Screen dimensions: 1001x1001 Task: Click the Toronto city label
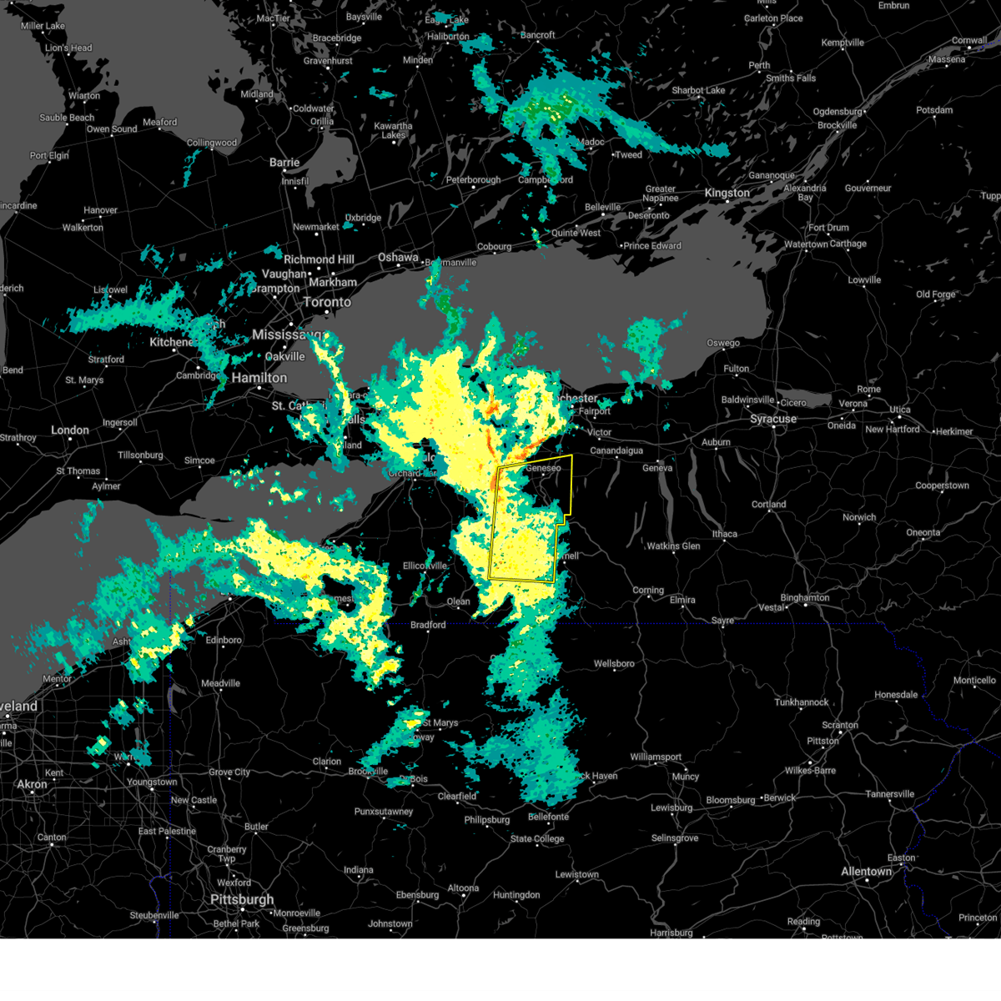click(x=327, y=302)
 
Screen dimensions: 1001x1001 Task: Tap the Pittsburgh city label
click(x=242, y=899)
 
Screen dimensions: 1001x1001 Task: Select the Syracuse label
click(x=772, y=419)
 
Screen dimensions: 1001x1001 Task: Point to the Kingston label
click(x=727, y=193)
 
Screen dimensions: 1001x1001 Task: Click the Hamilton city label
click(x=259, y=378)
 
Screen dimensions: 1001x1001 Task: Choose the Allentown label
click(x=867, y=872)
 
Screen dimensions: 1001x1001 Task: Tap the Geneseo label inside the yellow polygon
click(x=543, y=468)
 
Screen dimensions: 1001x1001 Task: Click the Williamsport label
click(x=656, y=757)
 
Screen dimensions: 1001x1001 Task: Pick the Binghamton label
click(x=805, y=597)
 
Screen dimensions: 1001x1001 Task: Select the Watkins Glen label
click(x=673, y=546)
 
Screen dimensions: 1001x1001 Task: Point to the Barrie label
click(x=284, y=163)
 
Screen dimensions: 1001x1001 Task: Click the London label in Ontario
click(x=70, y=430)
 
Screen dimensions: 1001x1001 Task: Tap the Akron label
click(x=33, y=784)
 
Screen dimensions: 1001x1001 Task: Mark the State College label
click(x=537, y=838)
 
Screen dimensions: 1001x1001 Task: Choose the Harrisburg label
click(x=672, y=933)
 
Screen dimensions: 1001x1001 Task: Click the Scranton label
click(x=840, y=725)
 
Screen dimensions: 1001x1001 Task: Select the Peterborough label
click(x=474, y=179)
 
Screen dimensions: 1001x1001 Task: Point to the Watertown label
click(x=806, y=244)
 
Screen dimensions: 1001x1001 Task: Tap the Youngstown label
click(x=152, y=782)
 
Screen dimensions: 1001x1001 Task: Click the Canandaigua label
click(x=616, y=450)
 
